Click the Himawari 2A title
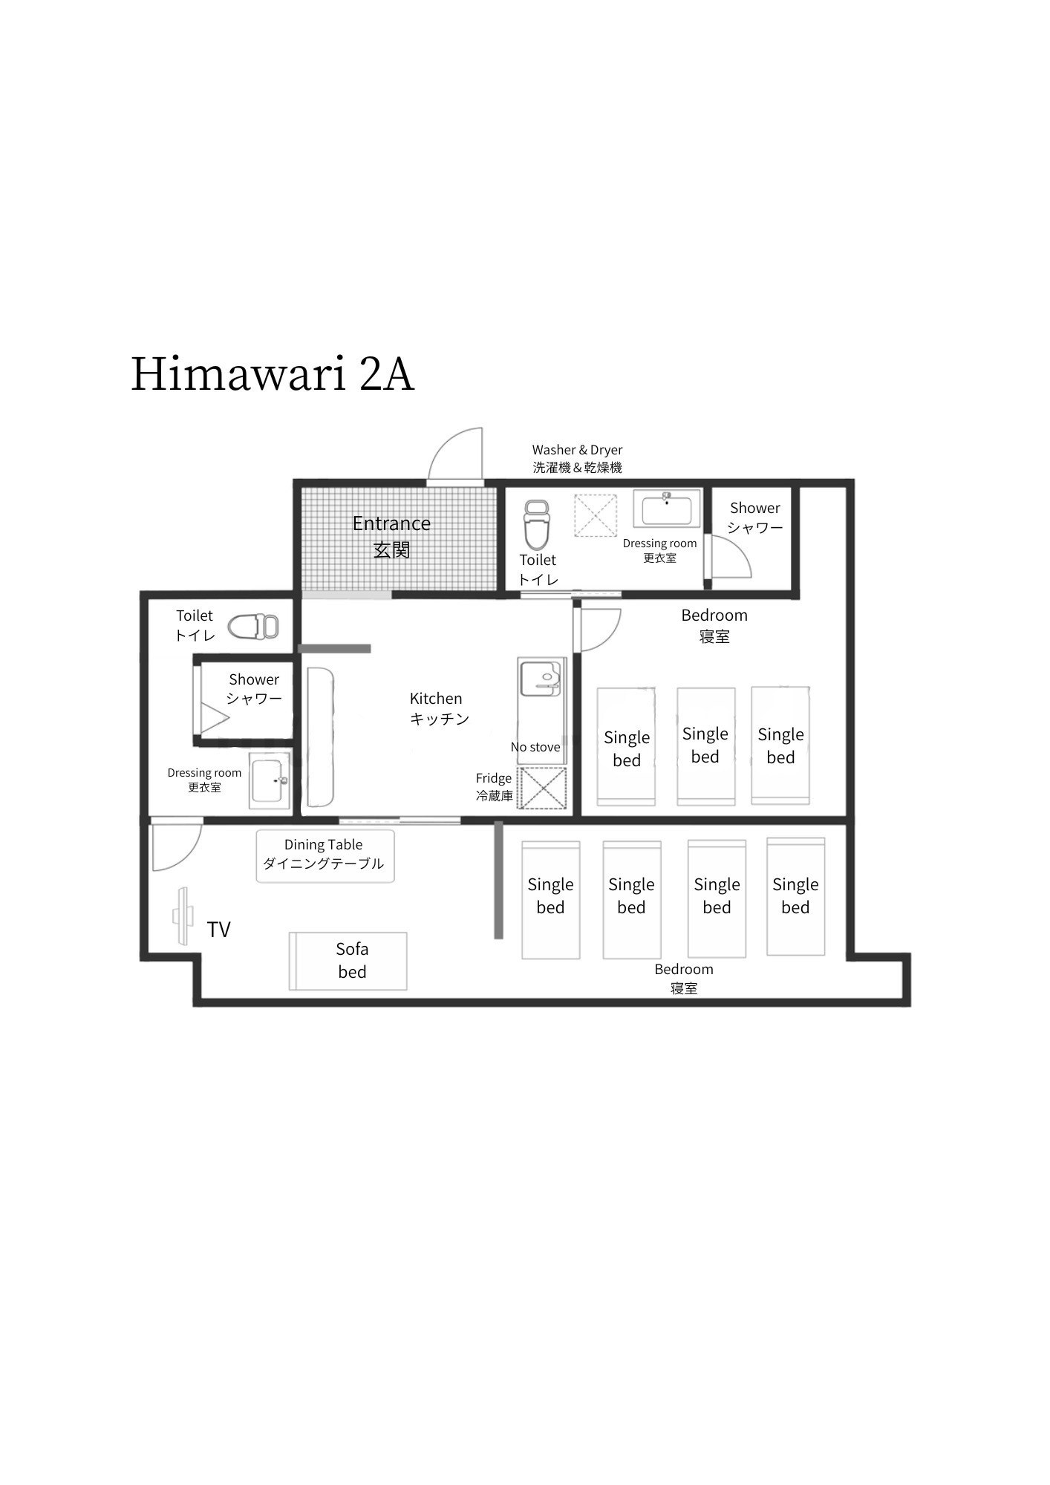pos(273,374)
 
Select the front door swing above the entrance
pos(456,454)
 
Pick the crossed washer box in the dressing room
pos(596,515)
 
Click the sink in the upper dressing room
pos(667,509)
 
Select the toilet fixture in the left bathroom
pos(253,627)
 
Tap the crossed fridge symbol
pos(542,788)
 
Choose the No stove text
pos(535,747)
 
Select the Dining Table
pos(325,856)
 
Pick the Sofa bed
pos(348,961)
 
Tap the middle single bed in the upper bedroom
pos(706,746)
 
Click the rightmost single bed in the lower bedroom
pos(796,897)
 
